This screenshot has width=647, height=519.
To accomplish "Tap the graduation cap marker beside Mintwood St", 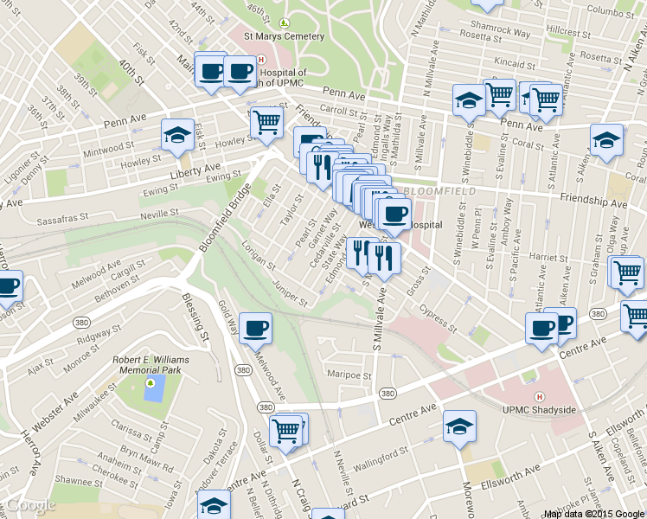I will pos(176,137).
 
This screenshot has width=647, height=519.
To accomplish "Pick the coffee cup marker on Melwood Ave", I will pos(254,329).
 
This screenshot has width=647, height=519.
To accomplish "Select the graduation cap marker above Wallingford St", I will pos(459,426).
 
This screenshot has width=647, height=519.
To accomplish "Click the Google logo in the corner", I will pos(30,505).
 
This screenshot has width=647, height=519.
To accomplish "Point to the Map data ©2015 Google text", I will pos(594,514).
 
